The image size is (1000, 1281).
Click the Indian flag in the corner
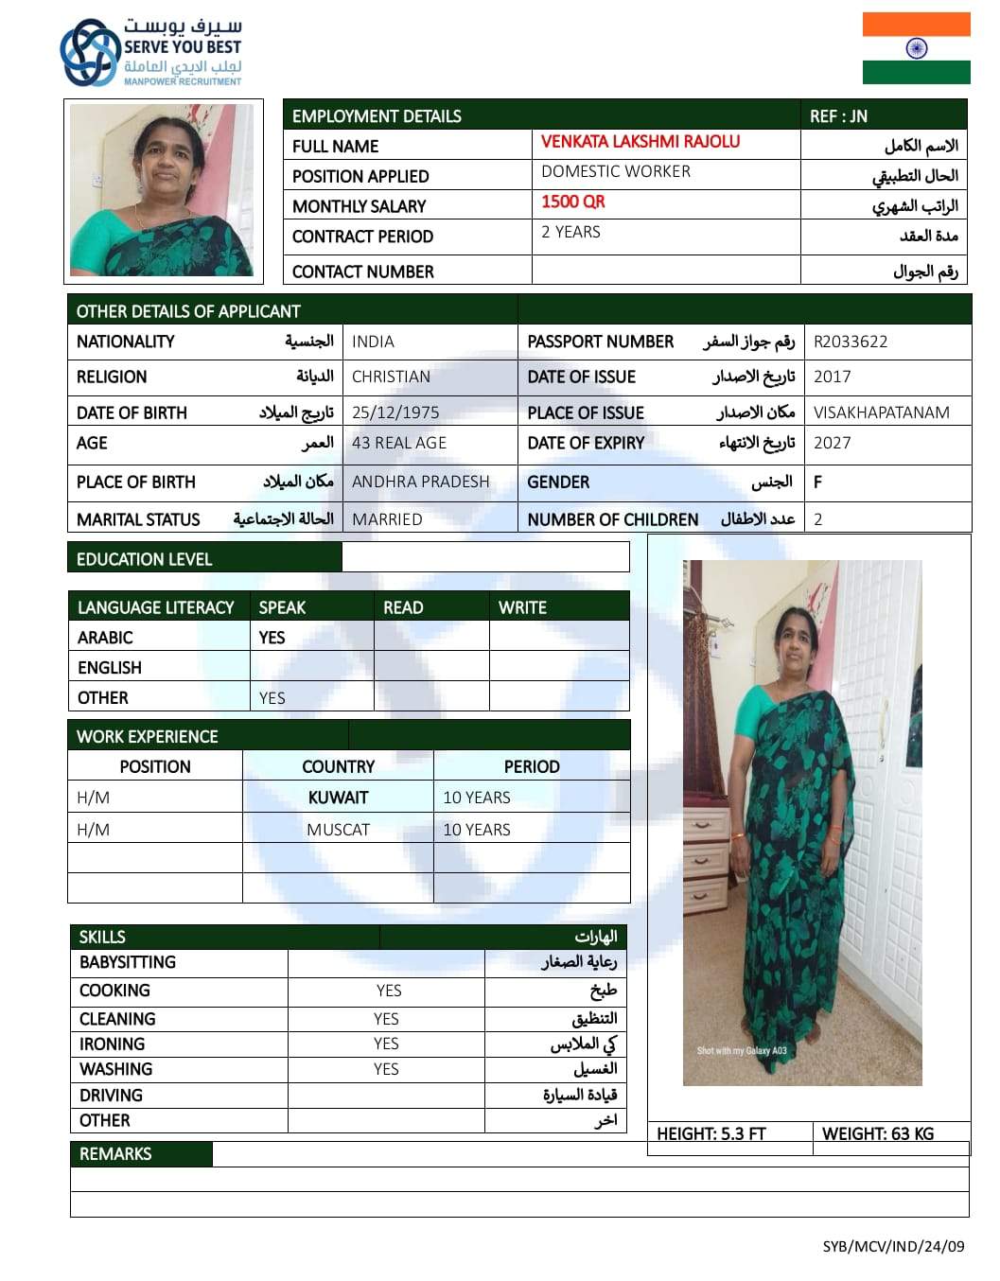pos(916,48)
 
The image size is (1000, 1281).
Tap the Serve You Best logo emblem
pos(90,53)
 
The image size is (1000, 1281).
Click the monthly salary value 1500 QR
pos(572,202)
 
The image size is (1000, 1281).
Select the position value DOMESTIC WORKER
pos(616,171)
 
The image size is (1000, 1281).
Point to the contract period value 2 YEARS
pos(570,232)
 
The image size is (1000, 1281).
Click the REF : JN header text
pos(838,116)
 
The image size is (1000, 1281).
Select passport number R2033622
pos(851,342)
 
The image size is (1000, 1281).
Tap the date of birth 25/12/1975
pos(395,412)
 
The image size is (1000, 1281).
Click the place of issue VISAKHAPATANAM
pos(881,412)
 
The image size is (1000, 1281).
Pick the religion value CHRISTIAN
pos(391,377)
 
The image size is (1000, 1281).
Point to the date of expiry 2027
pos(832,443)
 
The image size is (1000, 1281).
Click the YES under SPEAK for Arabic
pos(272,638)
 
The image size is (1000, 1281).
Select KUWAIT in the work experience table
pos(338,798)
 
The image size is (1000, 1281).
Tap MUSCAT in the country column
pos(338,830)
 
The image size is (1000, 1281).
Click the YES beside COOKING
pos(388,991)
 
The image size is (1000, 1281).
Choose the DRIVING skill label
pos(111,1096)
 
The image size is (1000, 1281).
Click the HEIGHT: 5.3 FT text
pos(711,1133)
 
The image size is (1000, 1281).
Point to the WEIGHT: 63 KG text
pos(877,1133)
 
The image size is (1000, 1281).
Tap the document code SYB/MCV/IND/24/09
pos(892,1246)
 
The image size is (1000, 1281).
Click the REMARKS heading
pos(115,1154)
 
